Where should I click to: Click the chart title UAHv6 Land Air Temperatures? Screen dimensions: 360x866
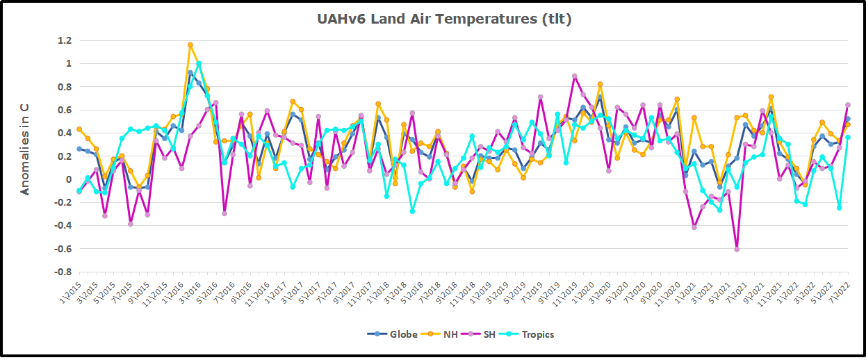pyautogui.click(x=444, y=19)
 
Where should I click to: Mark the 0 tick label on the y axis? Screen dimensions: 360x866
pyautogui.click(x=68, y=179)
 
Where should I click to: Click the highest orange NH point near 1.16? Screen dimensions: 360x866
pyautogui.click(x=190, y=45)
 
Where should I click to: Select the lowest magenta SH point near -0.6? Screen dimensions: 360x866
pyautogui.click(x=736, y=249)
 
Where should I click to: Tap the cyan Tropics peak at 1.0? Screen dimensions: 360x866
pyautogui.click(x=199, y=64)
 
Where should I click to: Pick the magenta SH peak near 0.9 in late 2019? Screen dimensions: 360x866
pyautogui.click(x=574, y=76)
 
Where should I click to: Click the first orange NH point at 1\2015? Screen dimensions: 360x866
pyautogui.click(x=79, y=129)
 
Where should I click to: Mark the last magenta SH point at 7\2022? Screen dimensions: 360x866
pyautogui.click(x=847, y=105)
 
